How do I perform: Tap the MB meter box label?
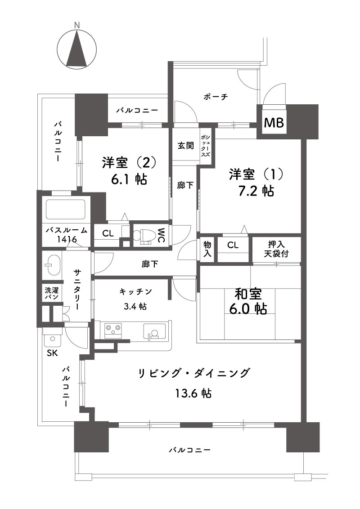point(274,123)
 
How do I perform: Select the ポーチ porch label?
point(216,97)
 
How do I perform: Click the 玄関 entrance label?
point(185,145)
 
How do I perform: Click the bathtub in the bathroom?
point(66,210)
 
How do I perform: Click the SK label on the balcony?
point(52,353)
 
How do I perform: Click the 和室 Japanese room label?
point(248,295)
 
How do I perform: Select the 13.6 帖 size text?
point(193,393)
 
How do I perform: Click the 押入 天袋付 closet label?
point(276,249)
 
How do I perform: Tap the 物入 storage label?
point(207,249)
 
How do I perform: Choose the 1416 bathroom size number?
point(67,240)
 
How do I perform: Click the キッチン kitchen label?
point(136,291)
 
